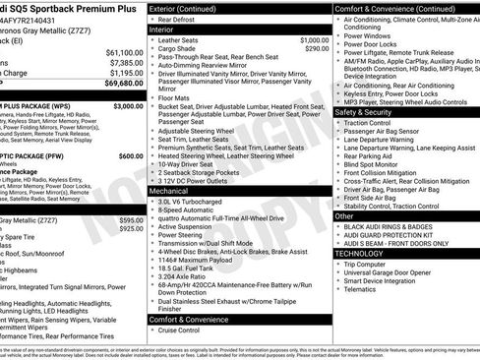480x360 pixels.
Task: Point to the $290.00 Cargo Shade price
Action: (317, 48)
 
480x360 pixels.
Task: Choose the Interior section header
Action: (167, 30)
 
